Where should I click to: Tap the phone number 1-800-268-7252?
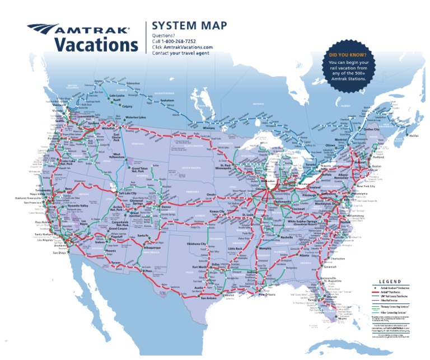point(176,42)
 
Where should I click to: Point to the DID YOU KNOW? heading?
point(348,55)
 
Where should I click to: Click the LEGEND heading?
point(391,282)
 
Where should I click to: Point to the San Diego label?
point(60,253)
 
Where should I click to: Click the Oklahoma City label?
point(197,244)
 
